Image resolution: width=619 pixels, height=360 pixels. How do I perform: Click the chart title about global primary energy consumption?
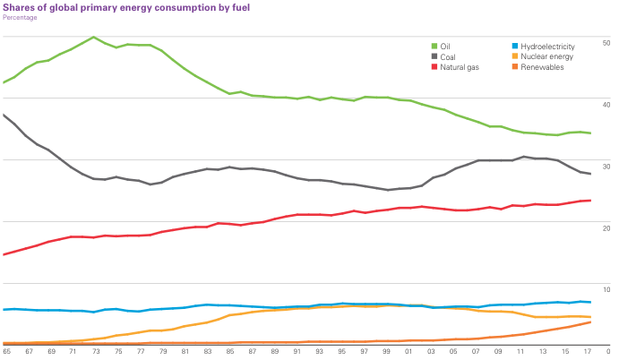pyautogui.click(x=126, y=7)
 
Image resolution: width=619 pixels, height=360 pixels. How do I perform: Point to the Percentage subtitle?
pyautogui.click(x=21, y=17)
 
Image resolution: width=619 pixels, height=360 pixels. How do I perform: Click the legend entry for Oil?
pyautogui.click(x=444, y=46)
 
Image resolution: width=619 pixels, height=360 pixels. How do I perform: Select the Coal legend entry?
pyautogui.click(x=447, y=56)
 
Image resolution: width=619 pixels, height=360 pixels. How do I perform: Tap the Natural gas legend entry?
pyautogui.click(x=457, y=67)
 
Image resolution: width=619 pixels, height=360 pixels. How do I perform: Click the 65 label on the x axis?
pyautogui.click(x=5, y=352)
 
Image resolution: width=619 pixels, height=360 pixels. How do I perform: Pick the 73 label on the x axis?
pyautogui.click(x=94, y=352)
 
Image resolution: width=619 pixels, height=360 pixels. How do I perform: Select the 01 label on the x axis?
pyautogui.click(x=408, y=352)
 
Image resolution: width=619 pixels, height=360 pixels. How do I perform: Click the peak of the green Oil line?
pyautogui.click(x=93, y=37)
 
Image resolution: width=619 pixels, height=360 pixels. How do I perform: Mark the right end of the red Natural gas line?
pyautogui.click(x=590, y=201)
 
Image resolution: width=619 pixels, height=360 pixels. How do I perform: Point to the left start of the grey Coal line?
pyautogui.click(x=4, y=114)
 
